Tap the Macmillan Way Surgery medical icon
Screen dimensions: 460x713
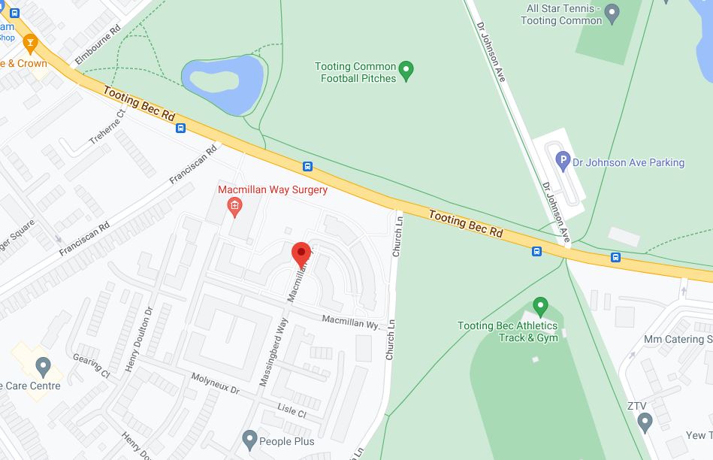pyautogui.click(x=234, y=206)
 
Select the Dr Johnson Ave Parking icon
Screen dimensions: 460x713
pyautogui.click(x=563, y=160)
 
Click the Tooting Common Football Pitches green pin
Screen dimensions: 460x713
pyautogui.click(x=406, y=71)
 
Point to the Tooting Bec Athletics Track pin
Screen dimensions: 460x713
pyautogui.click(x=540, y=306)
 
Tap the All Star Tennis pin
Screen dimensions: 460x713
pyautogui.click(x=612, y=12)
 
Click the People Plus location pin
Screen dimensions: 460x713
pyautogui.click(x=250, y=438)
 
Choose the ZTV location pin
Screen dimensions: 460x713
pyautogui.click(x=644, y=422)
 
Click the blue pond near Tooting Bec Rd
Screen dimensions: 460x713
pyautogui.click(x=222, y=81)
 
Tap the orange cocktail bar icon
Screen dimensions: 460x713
pyautogui.click(x=30, y=44)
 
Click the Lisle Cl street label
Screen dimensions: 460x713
pyautogui.click(x=292, y=412)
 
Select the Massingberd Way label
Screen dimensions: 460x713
pyautogui.click(x=273, y=353)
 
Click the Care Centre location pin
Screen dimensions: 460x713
pyautogui.click(x=43, y=368)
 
